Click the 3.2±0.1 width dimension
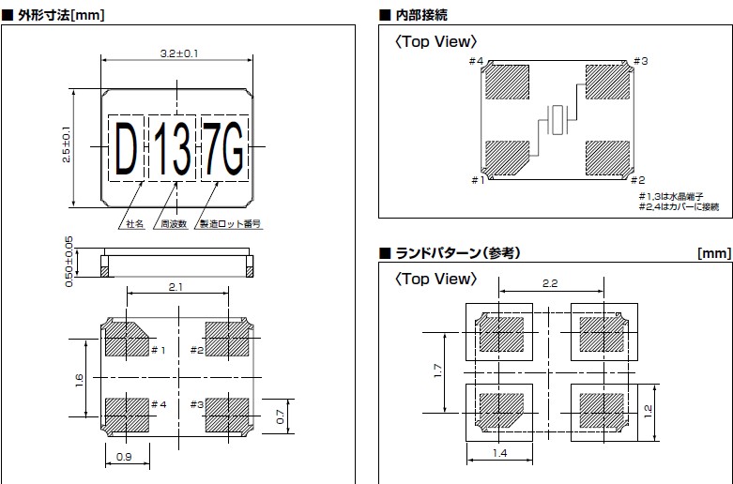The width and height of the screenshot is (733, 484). [178, 53]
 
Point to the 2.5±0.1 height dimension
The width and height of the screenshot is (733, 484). [67, 145]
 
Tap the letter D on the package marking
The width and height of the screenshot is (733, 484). [125, 148]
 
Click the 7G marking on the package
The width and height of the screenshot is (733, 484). [223, 148]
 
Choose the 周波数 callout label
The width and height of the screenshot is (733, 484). [174, 225]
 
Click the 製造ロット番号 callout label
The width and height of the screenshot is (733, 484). [230, 225]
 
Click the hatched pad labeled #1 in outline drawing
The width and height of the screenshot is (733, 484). [124, 339]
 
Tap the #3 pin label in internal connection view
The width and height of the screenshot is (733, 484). [640, 62]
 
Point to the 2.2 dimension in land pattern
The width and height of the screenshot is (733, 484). [551, 282]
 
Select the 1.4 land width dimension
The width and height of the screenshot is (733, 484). [499, 454]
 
